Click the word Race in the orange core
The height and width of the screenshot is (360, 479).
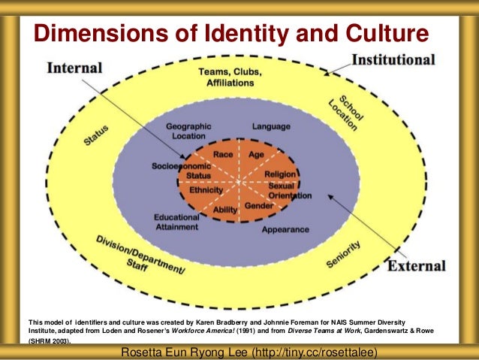[x=223, y=154]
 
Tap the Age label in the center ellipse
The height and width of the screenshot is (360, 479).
[x=256, y=154]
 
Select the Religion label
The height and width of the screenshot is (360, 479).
[x=279, y=174]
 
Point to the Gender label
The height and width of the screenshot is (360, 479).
[x=259, y=205]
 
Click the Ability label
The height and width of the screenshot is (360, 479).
[x=225, y=210]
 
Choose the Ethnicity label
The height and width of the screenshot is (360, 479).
[x=206, y=190]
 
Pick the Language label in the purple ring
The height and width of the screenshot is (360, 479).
[x=270, y=126]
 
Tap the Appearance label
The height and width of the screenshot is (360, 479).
[x=285, y=229]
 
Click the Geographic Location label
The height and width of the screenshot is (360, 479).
[x=188, y=132]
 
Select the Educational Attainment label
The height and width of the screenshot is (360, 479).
[x=176, y=222]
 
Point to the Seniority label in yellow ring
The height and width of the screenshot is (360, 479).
[x=345, y=255]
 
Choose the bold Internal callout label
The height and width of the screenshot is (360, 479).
[x=74, y=68]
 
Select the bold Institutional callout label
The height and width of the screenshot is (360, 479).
[x=393, y=59]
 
